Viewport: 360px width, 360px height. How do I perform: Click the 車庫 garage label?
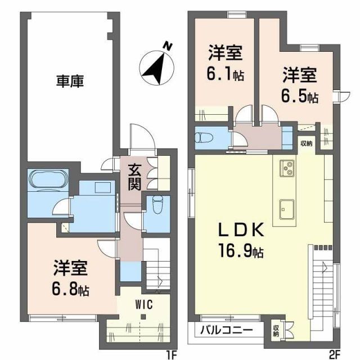point(70,82)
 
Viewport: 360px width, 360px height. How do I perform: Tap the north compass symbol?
point(156,62)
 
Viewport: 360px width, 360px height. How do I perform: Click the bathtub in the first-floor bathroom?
point(48,181)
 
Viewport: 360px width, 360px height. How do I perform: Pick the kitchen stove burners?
point(287,168)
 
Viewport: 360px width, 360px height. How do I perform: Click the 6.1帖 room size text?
point(226,74)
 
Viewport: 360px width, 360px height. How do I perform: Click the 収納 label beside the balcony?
point(276,331)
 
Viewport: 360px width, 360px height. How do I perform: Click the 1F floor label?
point(172,354)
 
